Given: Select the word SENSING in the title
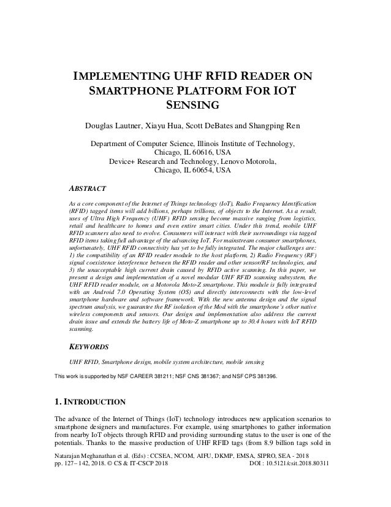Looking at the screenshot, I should [x=195, y=106].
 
